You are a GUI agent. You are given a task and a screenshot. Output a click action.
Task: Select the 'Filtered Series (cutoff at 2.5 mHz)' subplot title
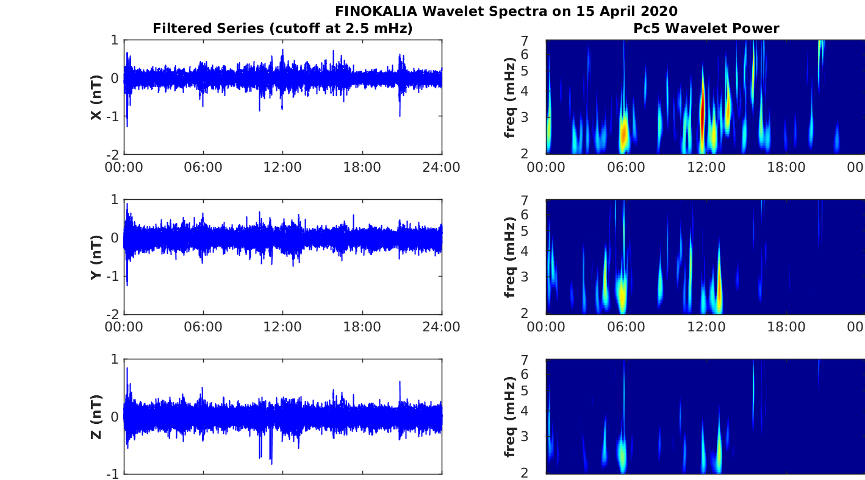282,28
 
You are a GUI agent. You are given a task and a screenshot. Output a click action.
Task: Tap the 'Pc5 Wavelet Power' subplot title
706,28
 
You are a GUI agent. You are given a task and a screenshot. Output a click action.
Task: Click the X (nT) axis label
96,97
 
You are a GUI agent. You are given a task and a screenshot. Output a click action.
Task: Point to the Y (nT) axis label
96,257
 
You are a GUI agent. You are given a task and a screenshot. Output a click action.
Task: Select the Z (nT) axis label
96,417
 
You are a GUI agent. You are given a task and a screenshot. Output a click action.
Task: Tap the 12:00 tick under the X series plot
282,167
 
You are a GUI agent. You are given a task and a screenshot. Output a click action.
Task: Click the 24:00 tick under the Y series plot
441,327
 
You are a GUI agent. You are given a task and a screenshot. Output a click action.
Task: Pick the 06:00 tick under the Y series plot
203,327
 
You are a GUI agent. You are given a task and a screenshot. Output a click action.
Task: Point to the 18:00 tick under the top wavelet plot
786,167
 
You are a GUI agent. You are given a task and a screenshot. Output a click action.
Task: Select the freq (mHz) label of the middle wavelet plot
511,257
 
